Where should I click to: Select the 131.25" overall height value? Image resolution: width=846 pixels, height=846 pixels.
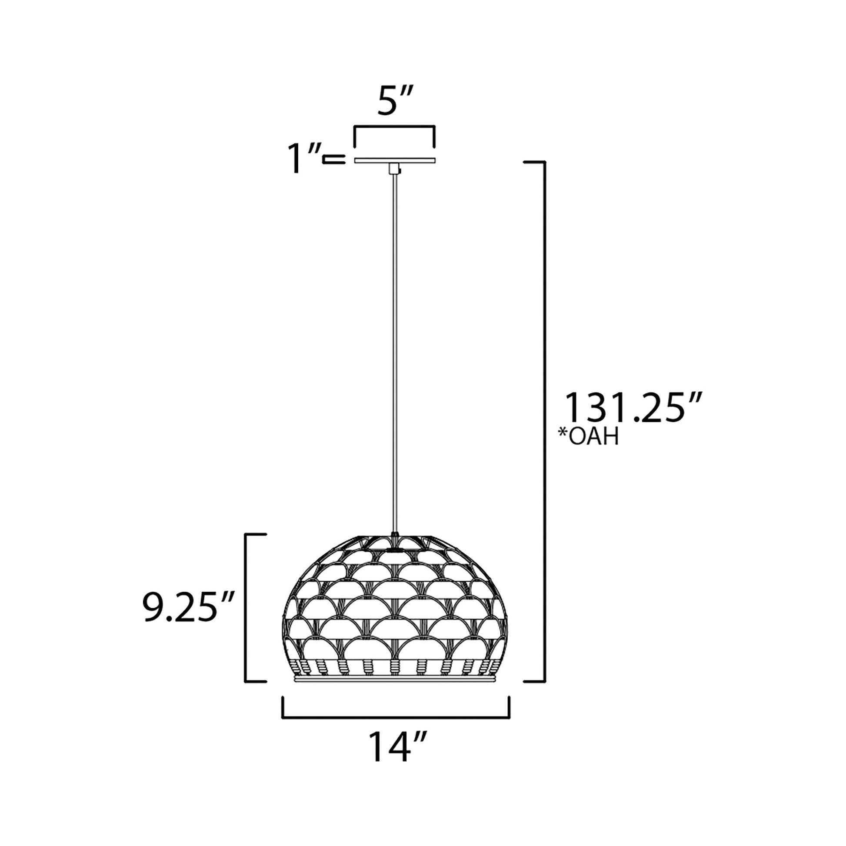tap(634, 408)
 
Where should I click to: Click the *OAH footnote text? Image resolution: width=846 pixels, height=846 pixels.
tap(588, 436)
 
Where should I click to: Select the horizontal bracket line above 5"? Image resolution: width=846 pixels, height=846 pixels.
tap(394, 127)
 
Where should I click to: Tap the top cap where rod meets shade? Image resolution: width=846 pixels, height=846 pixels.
tap(395, 535)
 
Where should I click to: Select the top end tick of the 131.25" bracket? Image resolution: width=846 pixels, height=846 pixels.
tap(534, 162)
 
